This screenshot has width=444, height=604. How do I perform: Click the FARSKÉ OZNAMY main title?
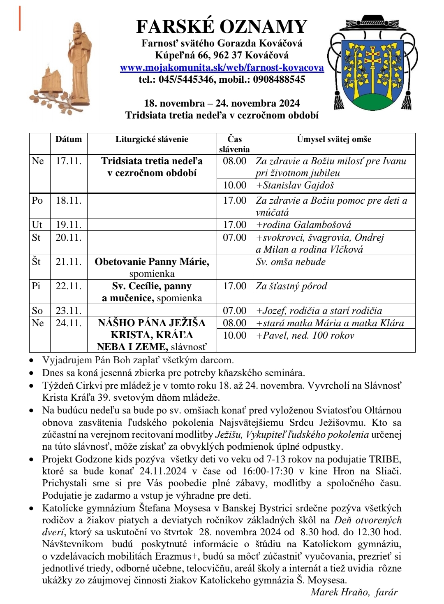coord(222,27)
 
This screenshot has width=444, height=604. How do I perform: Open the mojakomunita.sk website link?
coord(222,67)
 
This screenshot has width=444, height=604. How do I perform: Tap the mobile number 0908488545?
coord(279,79)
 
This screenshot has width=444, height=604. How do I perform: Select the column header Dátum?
coord(69,139)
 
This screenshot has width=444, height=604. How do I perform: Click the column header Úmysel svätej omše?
coord(334,139)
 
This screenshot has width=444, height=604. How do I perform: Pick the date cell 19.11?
coord(69,225)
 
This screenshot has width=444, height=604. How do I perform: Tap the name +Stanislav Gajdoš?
coord(295,185)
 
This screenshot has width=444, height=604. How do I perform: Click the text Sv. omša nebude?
coord(291,262)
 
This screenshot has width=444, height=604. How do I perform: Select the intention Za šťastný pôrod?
coord(291,286)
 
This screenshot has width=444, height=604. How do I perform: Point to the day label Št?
coord(37,262)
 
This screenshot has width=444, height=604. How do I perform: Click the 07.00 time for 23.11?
coord(235,311)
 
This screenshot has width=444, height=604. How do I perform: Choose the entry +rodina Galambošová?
coord(304,225)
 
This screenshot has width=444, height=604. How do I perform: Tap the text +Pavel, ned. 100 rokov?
coord(305,335)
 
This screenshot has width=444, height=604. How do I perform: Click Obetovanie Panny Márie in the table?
coord(152,262)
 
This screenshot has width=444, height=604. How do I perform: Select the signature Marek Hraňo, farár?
coord(354,592)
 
